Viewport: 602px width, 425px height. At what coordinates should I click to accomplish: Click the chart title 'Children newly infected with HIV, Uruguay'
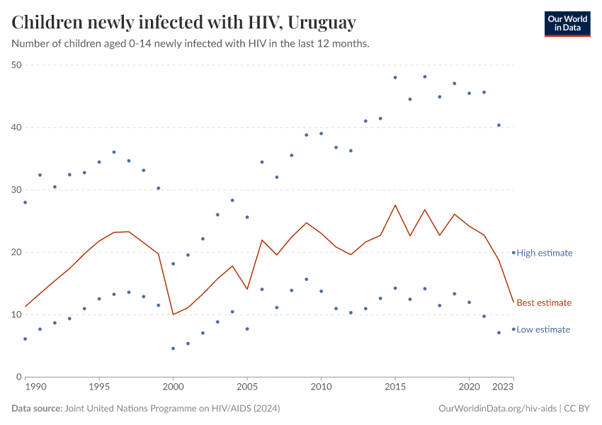point(183,23)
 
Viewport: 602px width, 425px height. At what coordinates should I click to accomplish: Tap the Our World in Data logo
point(567,23)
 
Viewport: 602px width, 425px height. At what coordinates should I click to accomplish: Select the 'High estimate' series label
point(544,253)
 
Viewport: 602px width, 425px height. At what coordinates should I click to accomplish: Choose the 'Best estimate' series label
point(543,303)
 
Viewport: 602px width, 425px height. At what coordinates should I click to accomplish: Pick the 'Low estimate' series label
point(543,329)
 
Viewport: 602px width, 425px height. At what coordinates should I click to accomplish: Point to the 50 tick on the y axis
point(17,65)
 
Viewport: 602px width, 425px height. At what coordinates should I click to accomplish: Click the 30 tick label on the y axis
point(17,190)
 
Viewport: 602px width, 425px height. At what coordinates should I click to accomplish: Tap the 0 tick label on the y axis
point(20,377)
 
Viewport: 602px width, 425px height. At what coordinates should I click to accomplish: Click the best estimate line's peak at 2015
point(395,205)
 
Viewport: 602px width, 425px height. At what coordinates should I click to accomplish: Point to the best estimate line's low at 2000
point(174,314)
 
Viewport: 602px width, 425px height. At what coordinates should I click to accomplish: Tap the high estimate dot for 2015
point(395,77)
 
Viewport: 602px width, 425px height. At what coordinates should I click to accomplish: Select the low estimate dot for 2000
point(174,348)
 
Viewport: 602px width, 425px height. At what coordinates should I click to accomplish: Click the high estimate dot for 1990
point(25,203)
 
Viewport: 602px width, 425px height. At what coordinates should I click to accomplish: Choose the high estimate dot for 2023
point(513,252)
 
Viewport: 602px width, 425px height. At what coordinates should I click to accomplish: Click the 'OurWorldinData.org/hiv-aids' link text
point(499,409)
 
